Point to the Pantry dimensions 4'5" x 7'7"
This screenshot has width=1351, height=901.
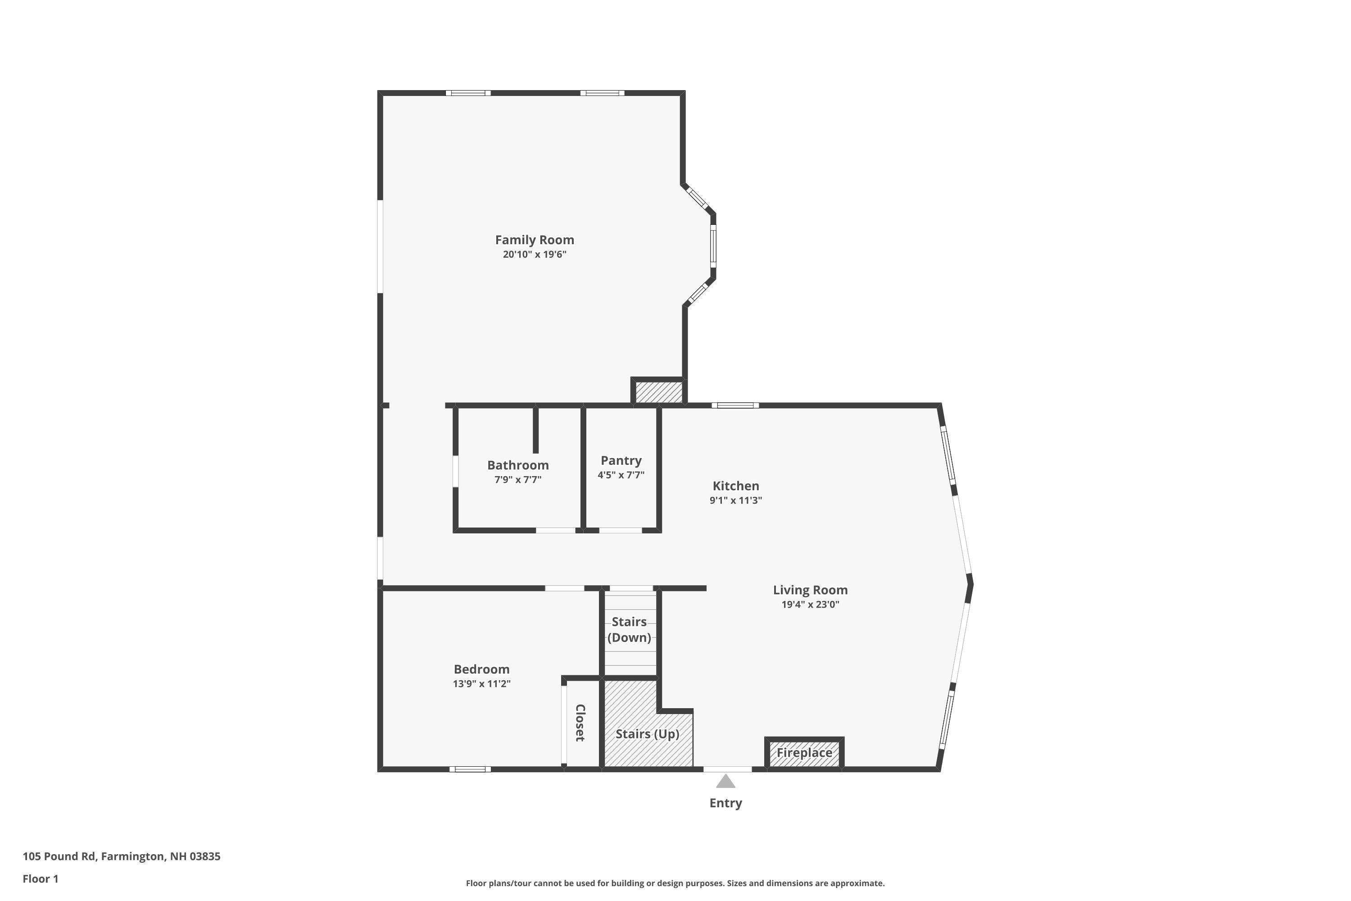[621, 475]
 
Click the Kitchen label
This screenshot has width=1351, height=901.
[735, 486]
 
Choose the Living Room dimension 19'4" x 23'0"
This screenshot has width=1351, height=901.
[810, 605]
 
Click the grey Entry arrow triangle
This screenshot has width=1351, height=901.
[725, 782]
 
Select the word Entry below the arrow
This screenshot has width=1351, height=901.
[725, 803]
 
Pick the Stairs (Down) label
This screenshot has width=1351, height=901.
[629, 629]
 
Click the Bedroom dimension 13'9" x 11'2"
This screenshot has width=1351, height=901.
[481, 684]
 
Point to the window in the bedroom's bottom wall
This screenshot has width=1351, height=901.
[470, 769]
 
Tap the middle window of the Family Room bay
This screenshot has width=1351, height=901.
[713, 246]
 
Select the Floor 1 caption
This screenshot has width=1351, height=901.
[40, 878]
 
